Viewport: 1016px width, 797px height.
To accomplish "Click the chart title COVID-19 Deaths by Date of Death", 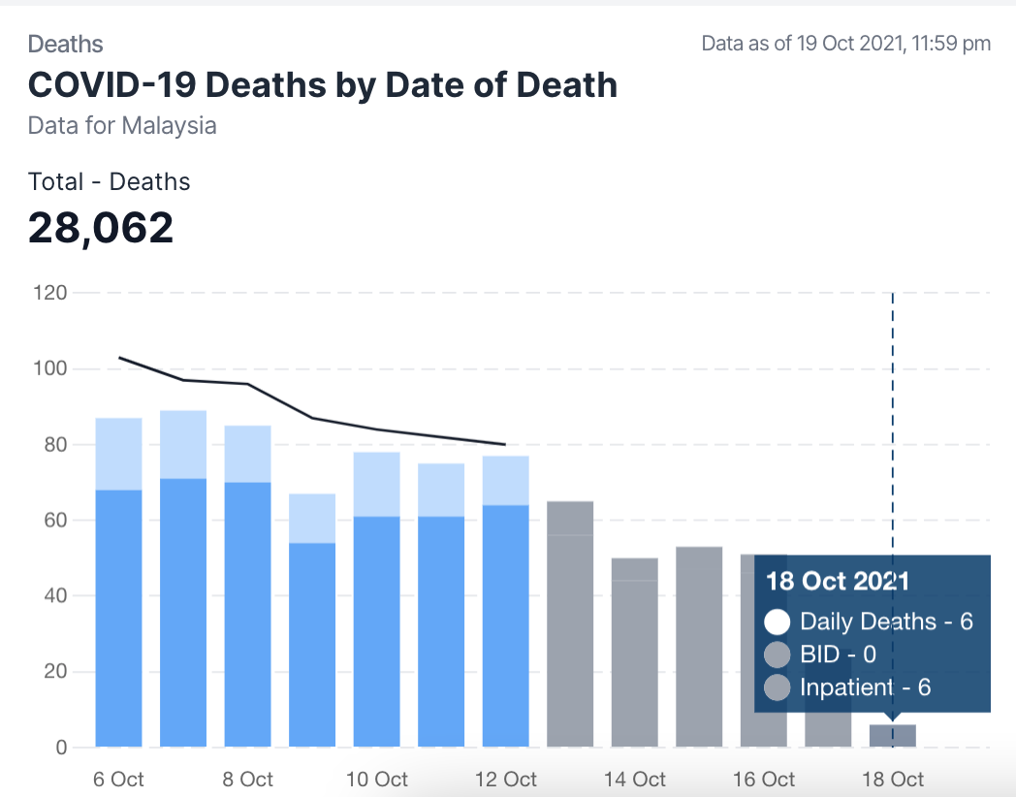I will (x=322, y=85).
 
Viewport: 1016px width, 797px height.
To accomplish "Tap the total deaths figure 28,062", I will (x=101, y=228).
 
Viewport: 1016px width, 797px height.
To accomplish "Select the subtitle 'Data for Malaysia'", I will (x=122, y=126).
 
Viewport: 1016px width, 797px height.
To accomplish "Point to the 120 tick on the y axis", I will (x=48, y=293).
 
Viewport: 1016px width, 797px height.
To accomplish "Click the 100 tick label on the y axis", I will (x=48, y=368).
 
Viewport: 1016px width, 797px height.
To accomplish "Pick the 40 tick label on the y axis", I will (x=54, y=595).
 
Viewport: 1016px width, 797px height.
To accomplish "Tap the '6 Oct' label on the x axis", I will (x=118, y=779).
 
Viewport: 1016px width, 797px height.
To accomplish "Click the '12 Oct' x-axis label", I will (x=505, y=779).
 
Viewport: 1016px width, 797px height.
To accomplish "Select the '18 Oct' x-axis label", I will (x=892, y=779).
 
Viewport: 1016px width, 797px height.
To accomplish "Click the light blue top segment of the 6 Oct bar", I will (x=119, y=454).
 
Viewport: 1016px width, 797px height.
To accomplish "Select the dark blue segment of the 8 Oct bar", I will (x=247, y=614).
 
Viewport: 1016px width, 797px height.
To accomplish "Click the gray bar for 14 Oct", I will (x=634, y=652).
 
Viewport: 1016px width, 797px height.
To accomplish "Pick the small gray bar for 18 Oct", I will (x=892, y=736).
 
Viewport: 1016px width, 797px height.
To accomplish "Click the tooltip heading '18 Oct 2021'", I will (x=838, y=581).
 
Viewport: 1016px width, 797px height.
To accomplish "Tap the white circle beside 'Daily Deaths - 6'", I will (x=777, y=622).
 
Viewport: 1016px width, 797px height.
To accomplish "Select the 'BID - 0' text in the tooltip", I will (x=838, y=654).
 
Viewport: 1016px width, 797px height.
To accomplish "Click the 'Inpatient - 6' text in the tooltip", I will (x=865, y=687).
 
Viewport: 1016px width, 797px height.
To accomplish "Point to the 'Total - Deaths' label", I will (x=110, y=181).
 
